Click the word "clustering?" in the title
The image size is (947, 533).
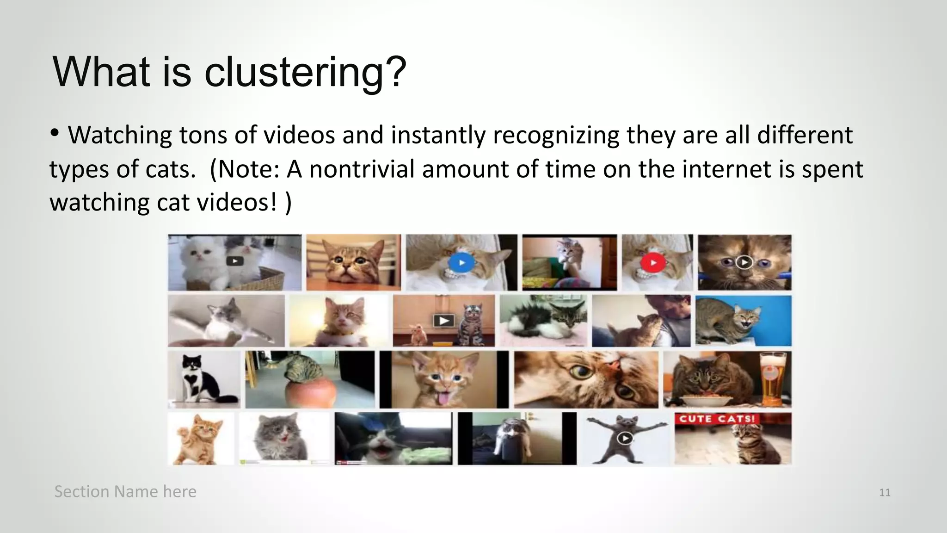pos(305,72)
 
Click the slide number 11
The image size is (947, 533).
pos(885,492)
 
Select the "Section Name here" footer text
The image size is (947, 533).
pos(125,491)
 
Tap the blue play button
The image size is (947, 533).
pos(461,263)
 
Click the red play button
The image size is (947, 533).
pos(653,263)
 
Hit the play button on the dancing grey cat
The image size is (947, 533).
pos(625,438)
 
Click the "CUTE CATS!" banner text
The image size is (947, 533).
pos(716,419)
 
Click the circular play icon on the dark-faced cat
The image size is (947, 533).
pos(744,262)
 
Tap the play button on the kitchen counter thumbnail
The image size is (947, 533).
pos(443,321)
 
